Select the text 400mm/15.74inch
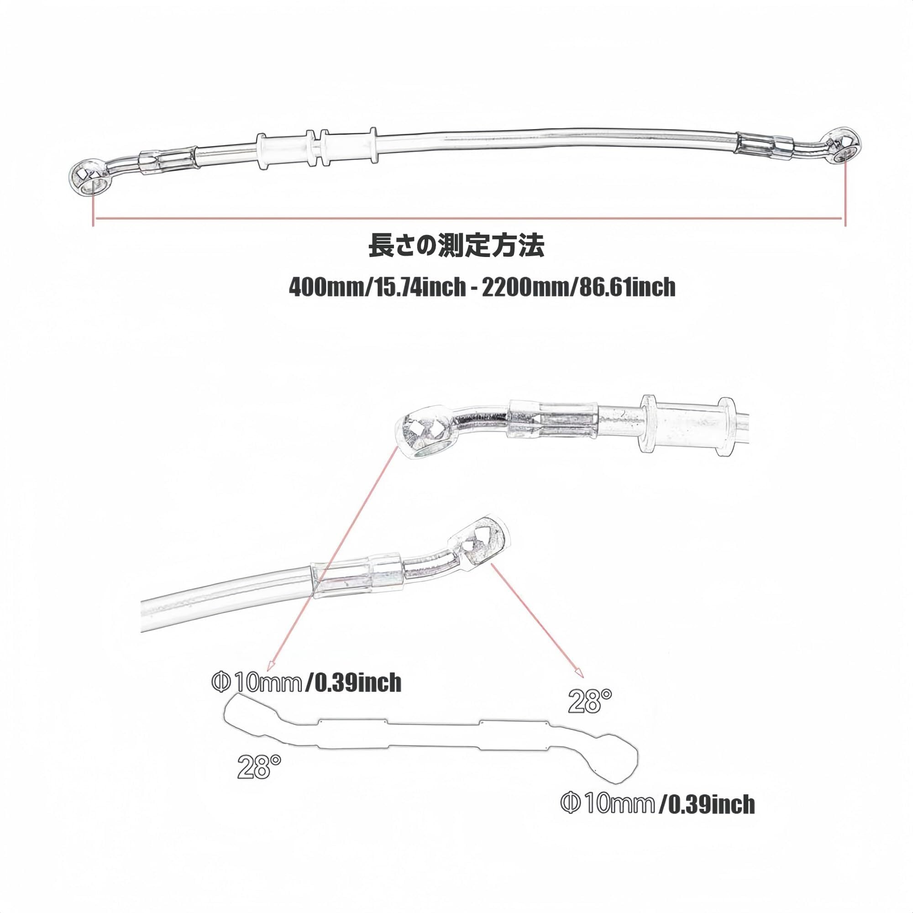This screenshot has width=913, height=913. point(377,287)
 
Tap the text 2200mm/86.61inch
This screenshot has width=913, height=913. point(578,287)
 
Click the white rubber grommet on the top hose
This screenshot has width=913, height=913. point(317,148)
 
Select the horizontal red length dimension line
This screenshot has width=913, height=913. point(468,218)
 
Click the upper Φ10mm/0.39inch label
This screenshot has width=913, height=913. point(306,683)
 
